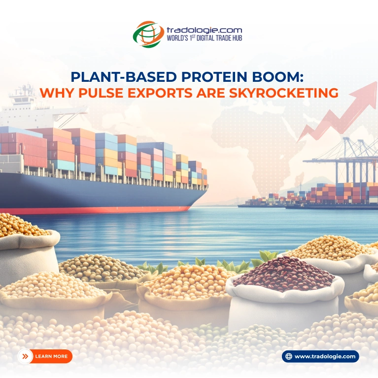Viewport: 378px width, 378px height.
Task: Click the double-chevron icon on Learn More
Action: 25,356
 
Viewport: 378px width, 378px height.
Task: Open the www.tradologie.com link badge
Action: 320,356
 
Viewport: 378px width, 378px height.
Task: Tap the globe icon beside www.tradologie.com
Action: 289,356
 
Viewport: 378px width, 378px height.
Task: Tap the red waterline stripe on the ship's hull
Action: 99,210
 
